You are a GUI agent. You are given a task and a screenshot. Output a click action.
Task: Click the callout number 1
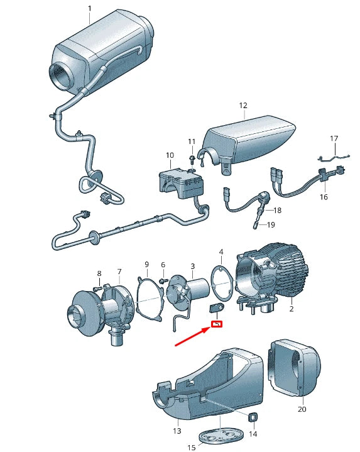tap(89, 8)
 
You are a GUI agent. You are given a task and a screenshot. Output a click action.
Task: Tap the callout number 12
tap(243, 106)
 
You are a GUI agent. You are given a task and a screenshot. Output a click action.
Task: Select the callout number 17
tap(334, 138)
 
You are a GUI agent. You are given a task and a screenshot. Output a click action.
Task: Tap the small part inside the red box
tap(217, 324)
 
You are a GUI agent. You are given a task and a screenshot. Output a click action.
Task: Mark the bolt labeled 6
tap(161, 280)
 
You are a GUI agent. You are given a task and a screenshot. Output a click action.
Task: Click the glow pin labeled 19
tap(255, 221)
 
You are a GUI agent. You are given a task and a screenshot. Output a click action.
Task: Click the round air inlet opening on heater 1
tap(63, 71)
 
